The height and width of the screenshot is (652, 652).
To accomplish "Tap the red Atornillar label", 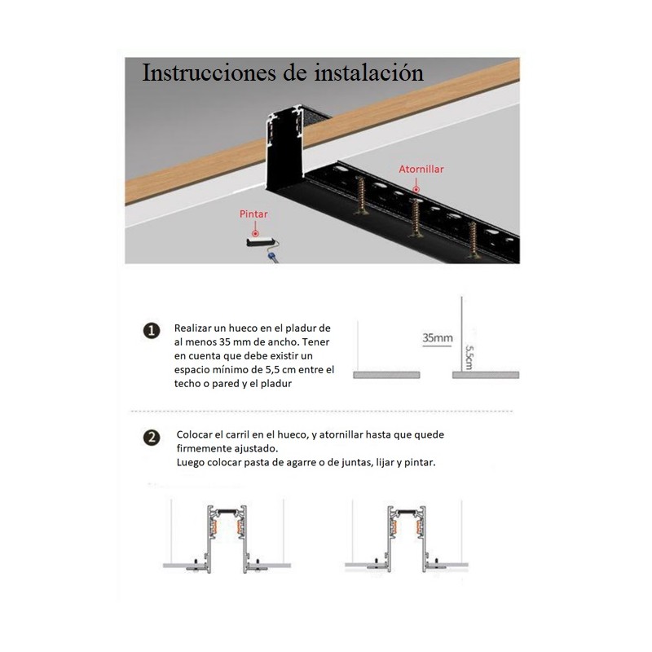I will (421, 170).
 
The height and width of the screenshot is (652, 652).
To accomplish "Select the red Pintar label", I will (253, 214).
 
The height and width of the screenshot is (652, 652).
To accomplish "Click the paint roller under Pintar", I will (264, 243).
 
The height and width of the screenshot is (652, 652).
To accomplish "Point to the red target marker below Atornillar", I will (416, 187).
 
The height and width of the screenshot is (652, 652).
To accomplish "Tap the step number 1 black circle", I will (152, 330).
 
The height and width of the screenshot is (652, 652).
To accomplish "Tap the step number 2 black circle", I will (152, 438).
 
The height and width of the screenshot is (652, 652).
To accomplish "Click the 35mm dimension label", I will (437, 337).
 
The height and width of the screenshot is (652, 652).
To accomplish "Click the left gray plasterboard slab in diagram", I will (385, 375).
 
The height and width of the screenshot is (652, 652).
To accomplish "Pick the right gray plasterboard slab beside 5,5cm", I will (485, 375).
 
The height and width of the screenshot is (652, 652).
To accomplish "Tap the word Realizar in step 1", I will (196, 327).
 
